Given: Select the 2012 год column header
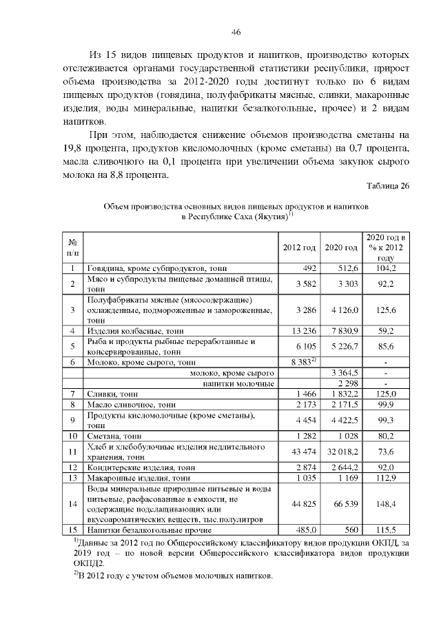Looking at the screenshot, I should coord(300,248).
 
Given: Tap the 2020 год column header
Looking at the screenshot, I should coord(341,248).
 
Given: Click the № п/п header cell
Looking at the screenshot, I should coord(73,248).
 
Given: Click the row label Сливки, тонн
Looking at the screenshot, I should coord(112,393).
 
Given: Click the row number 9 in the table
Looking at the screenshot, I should coord(72,420).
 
